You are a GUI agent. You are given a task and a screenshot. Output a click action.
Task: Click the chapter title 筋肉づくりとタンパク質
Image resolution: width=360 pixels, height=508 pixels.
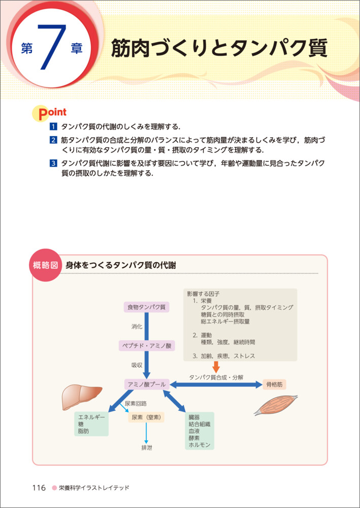click(219, 50)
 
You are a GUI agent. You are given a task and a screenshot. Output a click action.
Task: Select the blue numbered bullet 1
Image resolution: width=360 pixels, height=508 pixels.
click(53, 126)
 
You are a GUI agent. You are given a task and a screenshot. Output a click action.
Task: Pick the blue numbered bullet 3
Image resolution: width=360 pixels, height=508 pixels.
click(53, 164)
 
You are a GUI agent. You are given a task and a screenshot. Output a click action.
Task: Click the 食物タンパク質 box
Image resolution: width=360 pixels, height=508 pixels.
click(146, 307)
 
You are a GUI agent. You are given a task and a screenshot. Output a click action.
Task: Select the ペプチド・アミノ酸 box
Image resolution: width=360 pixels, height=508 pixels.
click(146, 345)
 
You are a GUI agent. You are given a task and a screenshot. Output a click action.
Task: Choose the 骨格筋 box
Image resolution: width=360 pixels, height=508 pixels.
click(275, 385)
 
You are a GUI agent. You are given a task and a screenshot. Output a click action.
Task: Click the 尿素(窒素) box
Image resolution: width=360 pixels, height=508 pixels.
click(146, 418)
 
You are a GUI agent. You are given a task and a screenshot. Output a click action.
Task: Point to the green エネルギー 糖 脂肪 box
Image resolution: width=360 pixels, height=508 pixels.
click(91, 423)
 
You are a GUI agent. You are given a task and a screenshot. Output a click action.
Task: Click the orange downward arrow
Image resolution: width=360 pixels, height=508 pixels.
click(216, 368)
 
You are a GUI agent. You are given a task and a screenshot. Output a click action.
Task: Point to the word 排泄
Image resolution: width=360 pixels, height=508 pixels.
click(146, 448)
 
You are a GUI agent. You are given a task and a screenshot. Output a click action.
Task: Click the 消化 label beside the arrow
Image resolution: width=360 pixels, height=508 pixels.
click(137, 326)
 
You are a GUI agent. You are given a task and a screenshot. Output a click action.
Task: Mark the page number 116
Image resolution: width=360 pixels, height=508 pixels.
click(39, 488)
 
